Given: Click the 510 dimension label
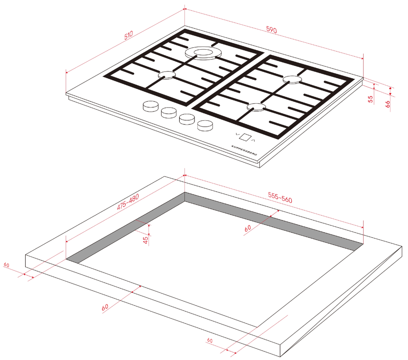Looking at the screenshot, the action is coord(129,35).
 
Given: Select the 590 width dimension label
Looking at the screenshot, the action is coord(271,30).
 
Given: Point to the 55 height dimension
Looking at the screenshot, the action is coord(370,99).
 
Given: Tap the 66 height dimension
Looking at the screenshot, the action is coord(388,104).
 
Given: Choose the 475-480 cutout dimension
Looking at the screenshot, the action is coord(128,201).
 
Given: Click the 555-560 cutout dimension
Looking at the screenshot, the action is coord(280,198).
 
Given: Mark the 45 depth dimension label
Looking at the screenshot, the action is coord(146,240).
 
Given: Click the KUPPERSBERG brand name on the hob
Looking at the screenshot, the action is coord(244,150).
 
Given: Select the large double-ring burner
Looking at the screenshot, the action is coord(203,53).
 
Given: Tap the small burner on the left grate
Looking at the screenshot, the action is coord(166,75).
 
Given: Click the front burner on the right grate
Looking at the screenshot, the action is coord(257,106).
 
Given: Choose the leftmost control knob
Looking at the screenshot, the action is coord(151,106).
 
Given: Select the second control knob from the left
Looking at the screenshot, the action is coord(169,113).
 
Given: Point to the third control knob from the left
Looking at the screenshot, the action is coord(187,119).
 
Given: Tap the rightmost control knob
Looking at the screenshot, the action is coord(205,126).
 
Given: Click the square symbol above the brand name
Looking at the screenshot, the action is coord(245,137).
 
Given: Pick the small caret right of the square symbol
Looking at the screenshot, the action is coord(253,140).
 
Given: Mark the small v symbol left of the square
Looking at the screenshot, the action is coord(237,134).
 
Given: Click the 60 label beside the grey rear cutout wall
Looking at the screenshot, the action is coord(248,228).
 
